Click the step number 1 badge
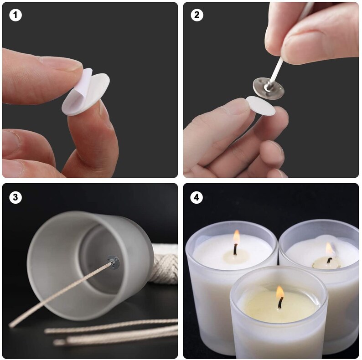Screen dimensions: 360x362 (16, 15)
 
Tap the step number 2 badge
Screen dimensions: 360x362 (197, 15)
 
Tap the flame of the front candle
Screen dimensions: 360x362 (279, 293)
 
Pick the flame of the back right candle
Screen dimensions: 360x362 (329, 249)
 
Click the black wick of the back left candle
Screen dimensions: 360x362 (235, 248)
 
